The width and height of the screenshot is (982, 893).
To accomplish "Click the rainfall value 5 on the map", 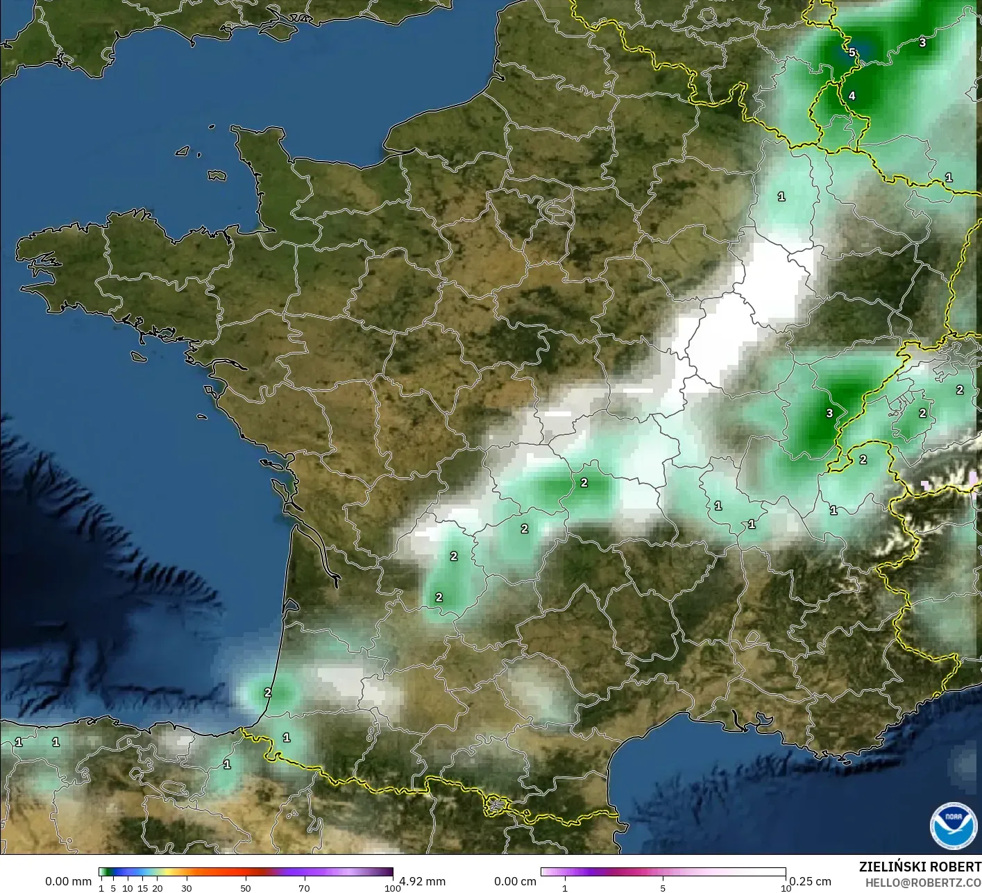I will click(x=852, y=52).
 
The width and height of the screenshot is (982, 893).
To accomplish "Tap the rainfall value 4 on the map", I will click(x=852, y=96).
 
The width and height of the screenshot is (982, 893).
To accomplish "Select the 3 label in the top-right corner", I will click(x=922, y=43).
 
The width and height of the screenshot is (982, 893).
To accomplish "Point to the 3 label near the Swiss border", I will click(x=829, y=414).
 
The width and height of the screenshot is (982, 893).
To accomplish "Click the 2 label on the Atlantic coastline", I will click(x=268, y=692).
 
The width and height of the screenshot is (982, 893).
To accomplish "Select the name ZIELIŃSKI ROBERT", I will click(x=920, y=867).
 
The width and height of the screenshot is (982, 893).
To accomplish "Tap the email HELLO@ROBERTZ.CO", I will click(x=923, y=882).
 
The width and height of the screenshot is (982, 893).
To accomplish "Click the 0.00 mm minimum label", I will click(x=68, y=881).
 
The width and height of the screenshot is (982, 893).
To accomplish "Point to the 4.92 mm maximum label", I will click(x=422, y=881).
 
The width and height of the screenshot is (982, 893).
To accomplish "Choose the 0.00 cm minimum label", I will click(x=515, y=881).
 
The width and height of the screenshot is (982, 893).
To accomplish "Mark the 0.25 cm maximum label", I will click(x=810, y=881).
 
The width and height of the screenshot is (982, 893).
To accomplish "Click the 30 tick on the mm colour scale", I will click(x=186, y=888).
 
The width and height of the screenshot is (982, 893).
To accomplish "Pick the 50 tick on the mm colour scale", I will click(x=246, y=888).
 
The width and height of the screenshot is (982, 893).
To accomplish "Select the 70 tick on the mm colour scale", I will click(x=304, y=888).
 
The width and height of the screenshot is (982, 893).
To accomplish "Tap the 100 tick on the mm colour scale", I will click(x=392, y=888).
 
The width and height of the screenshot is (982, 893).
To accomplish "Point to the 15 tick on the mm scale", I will click(x=142, y=888).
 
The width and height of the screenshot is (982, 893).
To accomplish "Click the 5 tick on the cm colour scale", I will click(x=663, y=888).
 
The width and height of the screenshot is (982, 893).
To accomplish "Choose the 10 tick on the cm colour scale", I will click(x=785, y=888).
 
